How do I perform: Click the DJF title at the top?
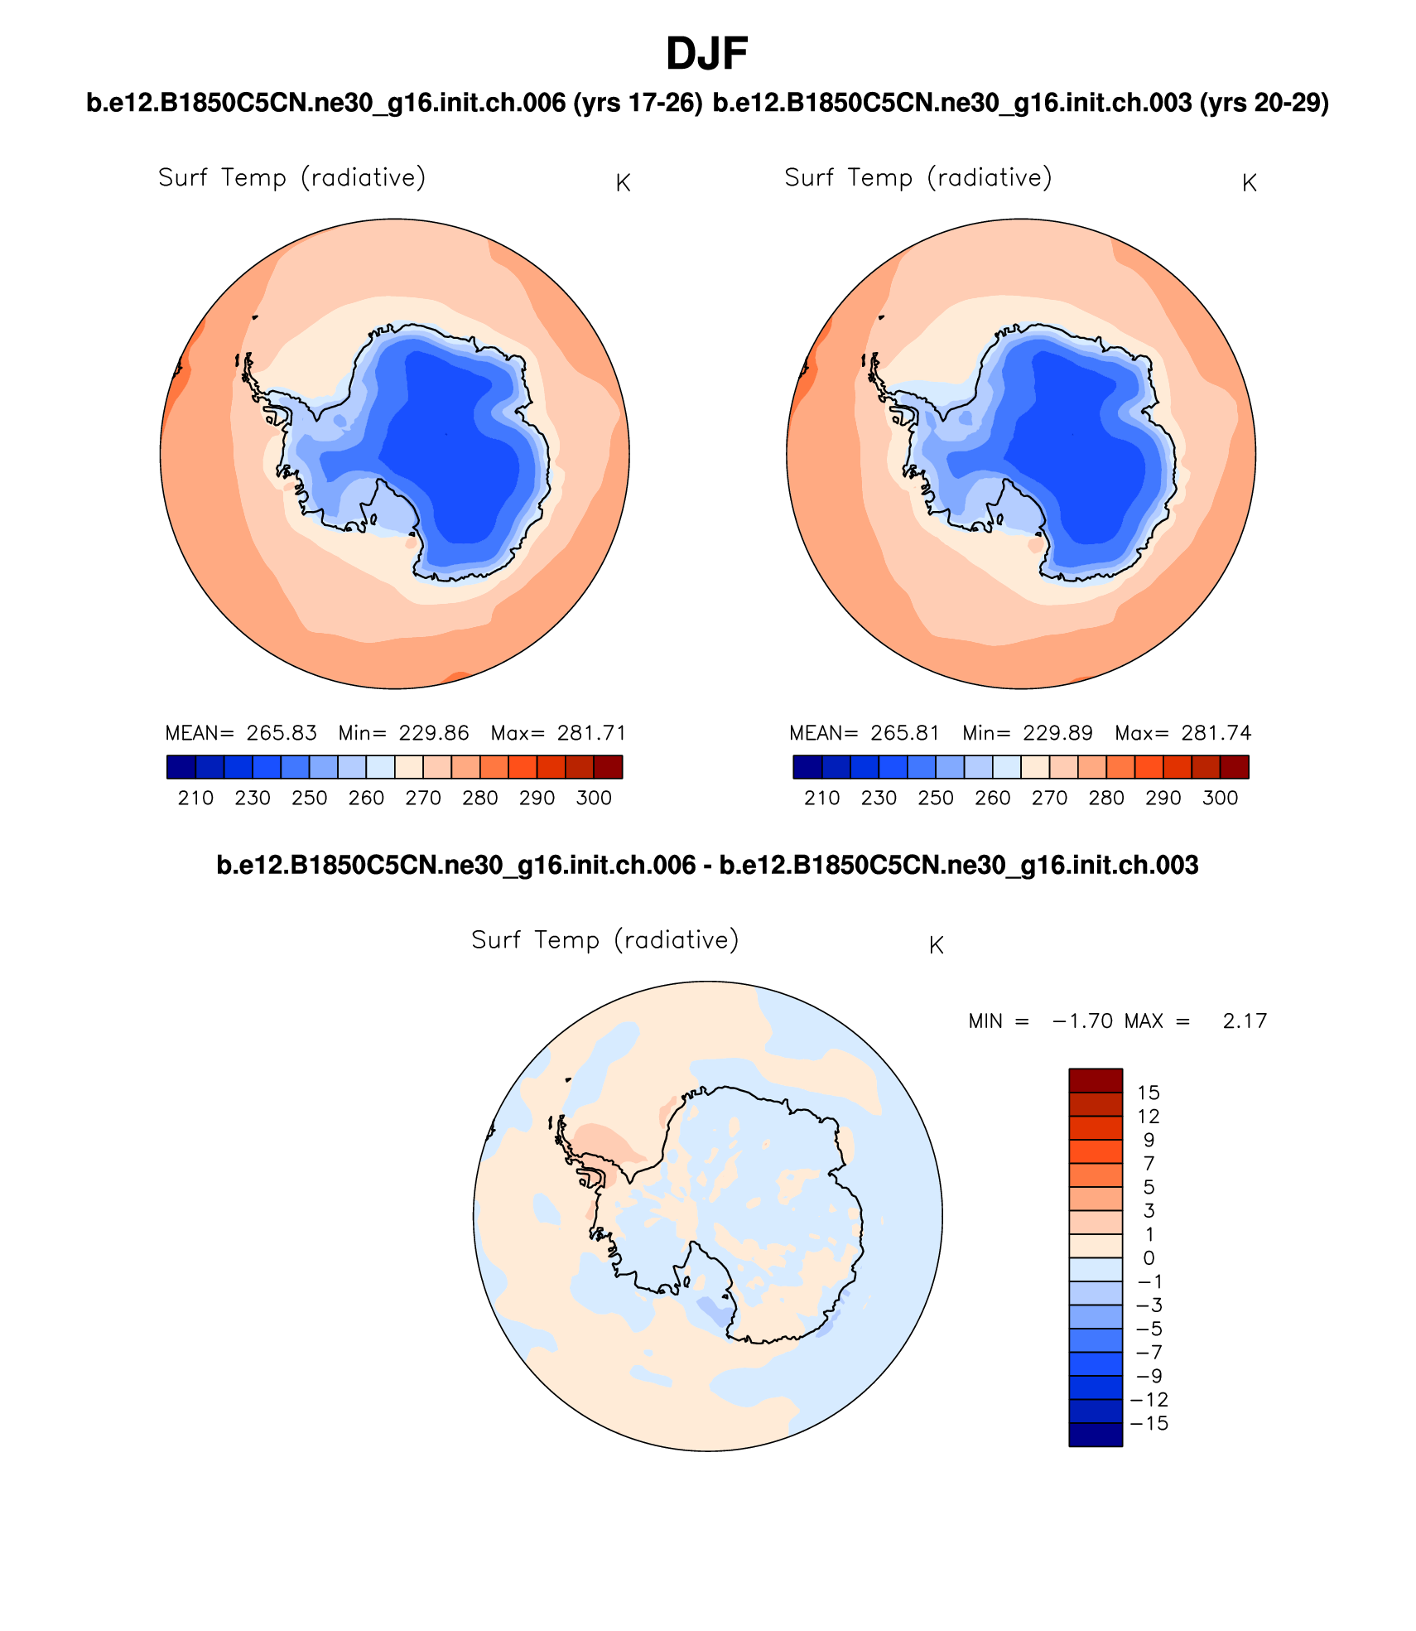[706, 55]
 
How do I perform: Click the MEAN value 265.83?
[282, 733]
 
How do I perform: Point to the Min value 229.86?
[434, 733]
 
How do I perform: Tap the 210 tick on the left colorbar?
[195, 798]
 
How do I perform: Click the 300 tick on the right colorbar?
[1220, 798]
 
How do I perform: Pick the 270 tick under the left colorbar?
[423, 798]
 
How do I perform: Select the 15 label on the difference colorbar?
[1149, 1093]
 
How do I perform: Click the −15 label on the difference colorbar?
[1149, 1423]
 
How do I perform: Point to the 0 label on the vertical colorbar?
[1149, 1257]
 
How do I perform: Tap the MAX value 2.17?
[1245, 1021]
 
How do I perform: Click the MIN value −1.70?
[1082, 1021]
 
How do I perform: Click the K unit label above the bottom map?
[937, 945]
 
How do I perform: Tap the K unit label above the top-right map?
[1250, 183]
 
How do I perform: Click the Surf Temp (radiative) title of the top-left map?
[292, 178]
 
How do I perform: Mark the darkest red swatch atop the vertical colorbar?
[1096, 1080]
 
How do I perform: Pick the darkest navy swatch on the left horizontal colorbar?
[181, 767]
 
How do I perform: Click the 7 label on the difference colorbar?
[1149, 1163]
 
